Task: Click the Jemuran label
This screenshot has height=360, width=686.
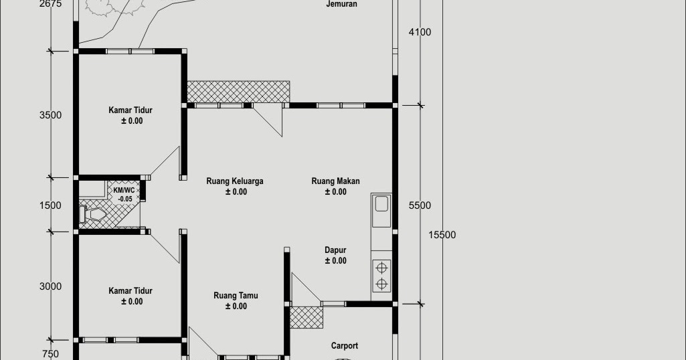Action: [x=341, y=4]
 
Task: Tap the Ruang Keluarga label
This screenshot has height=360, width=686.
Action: [x=234, y=181]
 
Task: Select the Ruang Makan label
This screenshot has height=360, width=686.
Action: [x=335, y=181]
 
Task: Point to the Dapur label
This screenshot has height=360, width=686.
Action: [x=335, y=250]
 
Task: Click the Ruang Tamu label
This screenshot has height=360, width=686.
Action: [x=236, y=296]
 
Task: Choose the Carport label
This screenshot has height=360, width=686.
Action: [x=344, y=346]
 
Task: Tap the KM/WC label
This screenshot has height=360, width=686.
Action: [x=124, y=191]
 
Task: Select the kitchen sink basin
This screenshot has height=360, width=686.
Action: [x=381, y=203]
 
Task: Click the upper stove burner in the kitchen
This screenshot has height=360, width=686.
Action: [x=381, y=268]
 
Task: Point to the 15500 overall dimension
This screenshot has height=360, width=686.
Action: [x=442, y=235]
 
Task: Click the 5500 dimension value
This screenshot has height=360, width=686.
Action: [x=420, y=206]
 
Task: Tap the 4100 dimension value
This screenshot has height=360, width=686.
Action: [x=420, y=32]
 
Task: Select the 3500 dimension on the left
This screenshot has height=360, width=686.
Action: [x=50, y=115]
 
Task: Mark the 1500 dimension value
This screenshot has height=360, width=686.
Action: [x=50, y=206]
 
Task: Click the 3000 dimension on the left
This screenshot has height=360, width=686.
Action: [x=50, y=287]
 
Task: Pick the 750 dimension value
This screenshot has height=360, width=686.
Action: [x=50, y=354]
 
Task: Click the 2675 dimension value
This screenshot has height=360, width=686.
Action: [x=50, y=4]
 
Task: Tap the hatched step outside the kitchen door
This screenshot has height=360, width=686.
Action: [x=306, y=317]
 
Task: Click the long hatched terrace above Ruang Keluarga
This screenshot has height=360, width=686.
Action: [x=238, y=92]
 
